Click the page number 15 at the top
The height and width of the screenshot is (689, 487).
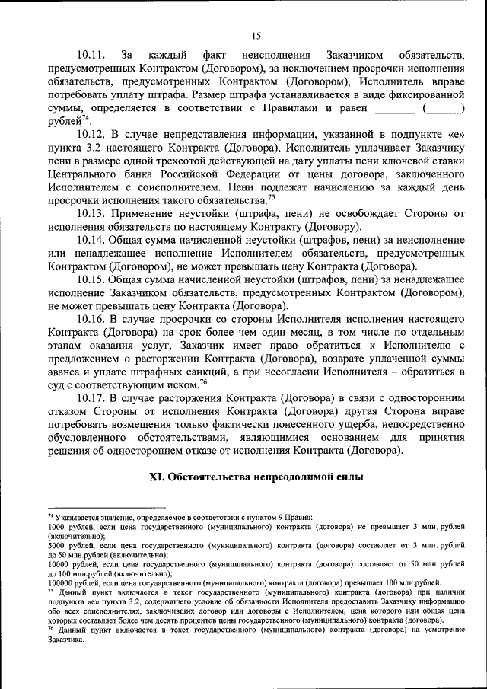pos(256,36)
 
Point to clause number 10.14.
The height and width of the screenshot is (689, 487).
pos(91,239)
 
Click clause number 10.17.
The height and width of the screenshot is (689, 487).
pos(91,397)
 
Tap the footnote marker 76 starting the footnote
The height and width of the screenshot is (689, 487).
pos(50,629)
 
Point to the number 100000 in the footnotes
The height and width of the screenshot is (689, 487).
pos(62,582)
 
